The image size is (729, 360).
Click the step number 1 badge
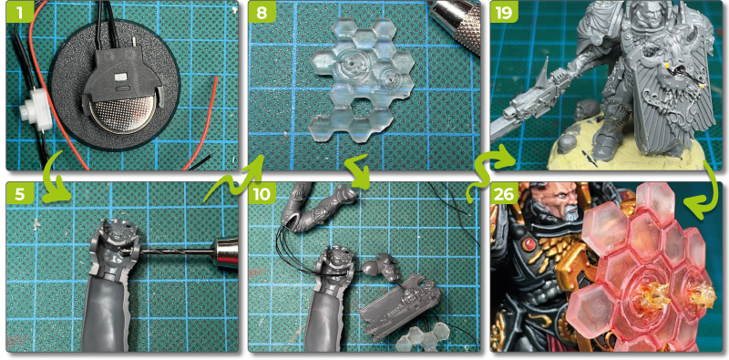(19, 14)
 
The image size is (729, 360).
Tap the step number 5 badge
(19, 194)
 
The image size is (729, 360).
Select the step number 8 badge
(262, 14)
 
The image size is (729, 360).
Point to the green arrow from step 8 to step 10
(356, 171)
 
